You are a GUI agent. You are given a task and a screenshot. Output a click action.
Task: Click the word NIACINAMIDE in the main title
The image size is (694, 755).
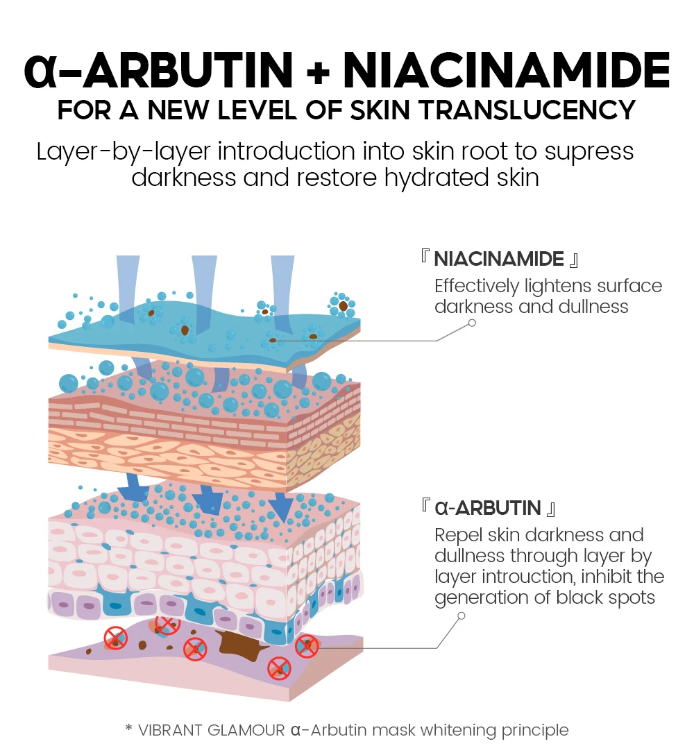[507, 70]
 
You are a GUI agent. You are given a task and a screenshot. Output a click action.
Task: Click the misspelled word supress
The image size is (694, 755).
[589, 151]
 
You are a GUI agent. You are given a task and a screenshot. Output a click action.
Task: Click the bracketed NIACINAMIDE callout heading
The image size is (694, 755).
[499, 260]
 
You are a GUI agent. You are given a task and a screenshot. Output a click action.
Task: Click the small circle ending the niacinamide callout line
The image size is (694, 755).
[472, 323]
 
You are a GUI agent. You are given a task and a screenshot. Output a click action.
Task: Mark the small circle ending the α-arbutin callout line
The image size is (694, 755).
[462, 616]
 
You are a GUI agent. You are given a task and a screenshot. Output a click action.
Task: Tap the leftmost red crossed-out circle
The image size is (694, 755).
[115, 637]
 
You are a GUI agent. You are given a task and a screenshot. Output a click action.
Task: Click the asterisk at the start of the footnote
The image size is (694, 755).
[128, 729]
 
